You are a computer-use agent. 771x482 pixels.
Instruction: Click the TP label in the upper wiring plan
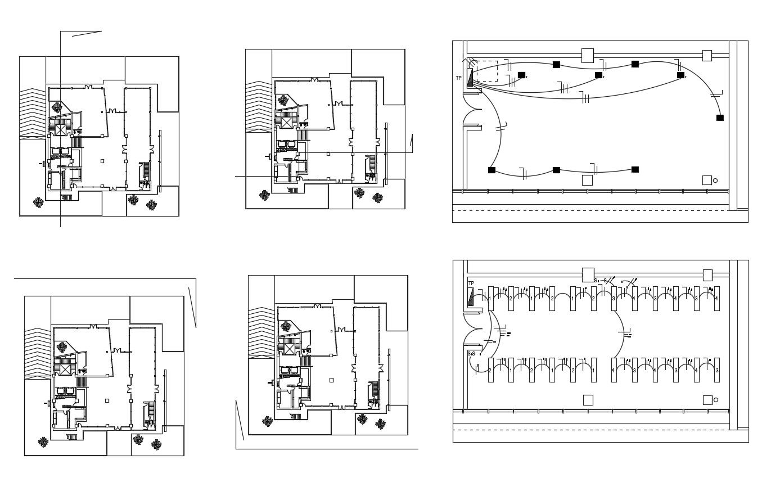pyautogui.click(x=458, y=78)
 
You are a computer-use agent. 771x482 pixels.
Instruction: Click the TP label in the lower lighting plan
pyautogui.click(x=471, y=283)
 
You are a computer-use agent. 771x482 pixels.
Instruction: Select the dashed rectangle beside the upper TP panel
pyautogui.click(x=486, y=71)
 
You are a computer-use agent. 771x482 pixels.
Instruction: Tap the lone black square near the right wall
pyautogui.click(x=720, y=118)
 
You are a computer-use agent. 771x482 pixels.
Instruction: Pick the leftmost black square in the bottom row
pyautogui.click(x=492, y=170)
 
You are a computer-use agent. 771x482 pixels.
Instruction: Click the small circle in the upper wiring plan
pyautogui.click(x=715, y=181)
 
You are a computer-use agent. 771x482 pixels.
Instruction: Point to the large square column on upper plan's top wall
pyautogui.click(x=587, y=55)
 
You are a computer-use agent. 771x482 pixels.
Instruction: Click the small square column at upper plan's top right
pyautogui.click(x=707, y=55)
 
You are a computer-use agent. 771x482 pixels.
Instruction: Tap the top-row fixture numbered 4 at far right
pyautogui.click(x=716, y=298)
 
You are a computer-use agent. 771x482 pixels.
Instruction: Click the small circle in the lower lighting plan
pyautogui.click(x=715, y=400)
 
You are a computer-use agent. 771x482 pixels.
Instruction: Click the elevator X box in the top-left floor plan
pyautogui.click(x=60, y=129)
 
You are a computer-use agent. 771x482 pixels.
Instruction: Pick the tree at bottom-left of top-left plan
pyautogui.click(x=38, y=202)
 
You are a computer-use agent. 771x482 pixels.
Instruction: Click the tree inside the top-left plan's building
pyautogui.click(x=57, y=106)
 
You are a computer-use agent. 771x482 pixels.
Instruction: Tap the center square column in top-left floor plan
pyautogui.click(x=102, y=161)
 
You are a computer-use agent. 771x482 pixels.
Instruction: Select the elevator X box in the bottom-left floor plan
pyautogui.click(x=65, y=369)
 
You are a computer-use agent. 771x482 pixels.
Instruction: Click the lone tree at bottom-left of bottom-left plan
pyautogui.click(x=43, y=442)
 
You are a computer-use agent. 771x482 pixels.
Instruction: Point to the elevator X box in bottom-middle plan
pyautogui.click(x=290, y=349)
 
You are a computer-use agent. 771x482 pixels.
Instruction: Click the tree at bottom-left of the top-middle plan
pyautogui.click(x=264, y=195)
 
